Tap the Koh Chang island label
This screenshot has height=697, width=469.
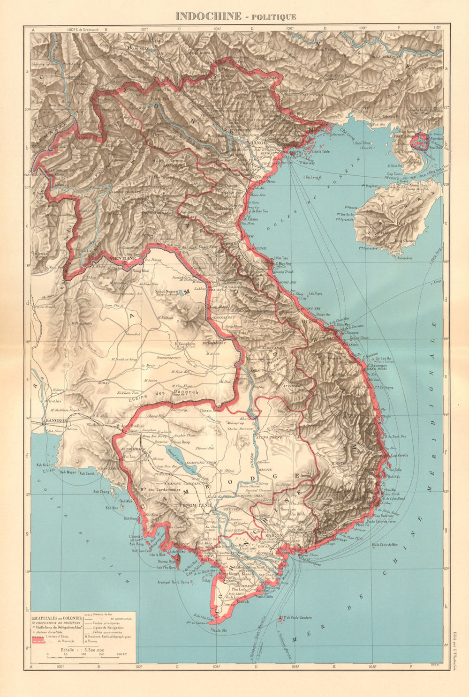tap(101, 491)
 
